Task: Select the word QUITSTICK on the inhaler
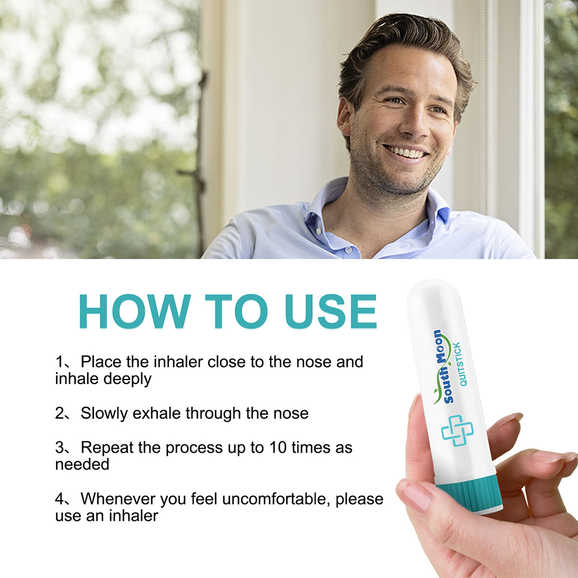point(460,364)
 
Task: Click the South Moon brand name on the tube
point(442,366)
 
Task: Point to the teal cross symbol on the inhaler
point(457,430)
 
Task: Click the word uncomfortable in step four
point(277,499)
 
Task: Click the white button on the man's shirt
point(347,250)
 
